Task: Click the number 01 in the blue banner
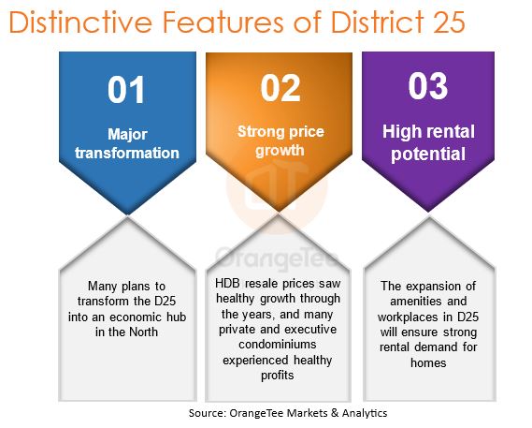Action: (126, 90)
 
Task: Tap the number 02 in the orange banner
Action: (280, 88)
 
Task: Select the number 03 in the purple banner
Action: (428, 86)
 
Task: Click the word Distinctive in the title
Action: (80, 22)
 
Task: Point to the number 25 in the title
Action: (449, 22)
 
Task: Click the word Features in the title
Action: (223, 22)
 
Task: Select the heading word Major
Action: (127, 135)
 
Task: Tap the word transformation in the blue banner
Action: (127, 153)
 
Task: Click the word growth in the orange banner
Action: (280, 151)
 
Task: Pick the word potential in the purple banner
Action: (428, 154)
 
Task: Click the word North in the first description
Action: (142, 332)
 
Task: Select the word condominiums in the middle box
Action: (278, 344)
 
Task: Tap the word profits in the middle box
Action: (278, 376)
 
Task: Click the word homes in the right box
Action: (428, 362)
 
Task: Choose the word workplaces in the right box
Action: (408, 317)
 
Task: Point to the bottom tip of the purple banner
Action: (428, 212)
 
